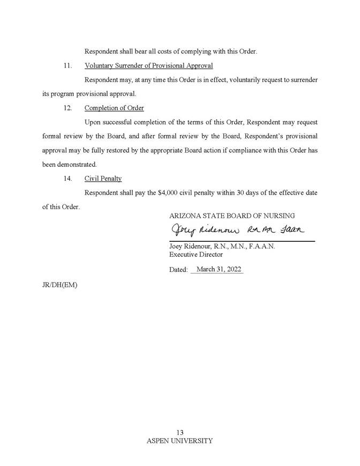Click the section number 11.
67,66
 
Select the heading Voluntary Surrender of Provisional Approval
148,66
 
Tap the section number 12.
67,108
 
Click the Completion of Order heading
114,108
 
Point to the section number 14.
67,179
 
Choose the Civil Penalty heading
103,179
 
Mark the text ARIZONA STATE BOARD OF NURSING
231,216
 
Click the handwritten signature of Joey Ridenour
236,231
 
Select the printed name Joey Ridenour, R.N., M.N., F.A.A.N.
222,247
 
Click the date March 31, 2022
219,269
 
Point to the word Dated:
178,270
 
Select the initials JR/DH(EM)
59,285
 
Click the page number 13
179,433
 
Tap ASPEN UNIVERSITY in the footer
179,441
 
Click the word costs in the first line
153,52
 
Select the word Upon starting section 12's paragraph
93,122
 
